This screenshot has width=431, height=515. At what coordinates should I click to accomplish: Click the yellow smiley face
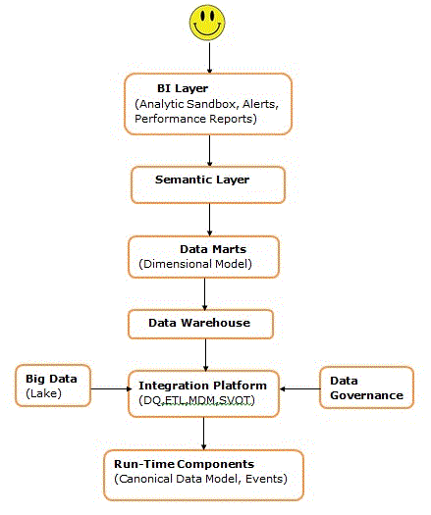(x=207, y=23)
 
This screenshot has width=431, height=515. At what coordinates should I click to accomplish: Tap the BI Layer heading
(x=183, y=88)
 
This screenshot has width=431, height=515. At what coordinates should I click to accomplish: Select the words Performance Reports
(x=195, y=119)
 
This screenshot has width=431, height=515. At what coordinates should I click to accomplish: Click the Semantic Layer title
(x=202, y=180)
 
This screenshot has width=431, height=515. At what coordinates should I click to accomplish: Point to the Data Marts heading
(x=213, y=249)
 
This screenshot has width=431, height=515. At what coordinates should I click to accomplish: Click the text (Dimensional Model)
(x=195, y=264)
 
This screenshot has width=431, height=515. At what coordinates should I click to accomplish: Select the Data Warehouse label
(x=199, y=323)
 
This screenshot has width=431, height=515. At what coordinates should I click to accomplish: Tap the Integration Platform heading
(x=202, y=386)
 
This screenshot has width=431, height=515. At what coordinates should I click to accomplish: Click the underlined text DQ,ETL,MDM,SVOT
(x=197, y=400)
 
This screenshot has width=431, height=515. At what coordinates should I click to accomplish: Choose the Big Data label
(x=51, y=379)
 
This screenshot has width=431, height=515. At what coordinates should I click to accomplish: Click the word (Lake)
(x=43, y=393)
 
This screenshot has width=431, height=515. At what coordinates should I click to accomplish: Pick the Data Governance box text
(x=366, y=388)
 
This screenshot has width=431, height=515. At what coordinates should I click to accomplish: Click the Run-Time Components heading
(x=185, y=464)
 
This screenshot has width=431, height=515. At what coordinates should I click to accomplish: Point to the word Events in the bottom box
(x=266, y=479)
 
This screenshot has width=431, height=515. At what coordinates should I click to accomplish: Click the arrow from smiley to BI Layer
(x=209, y=58)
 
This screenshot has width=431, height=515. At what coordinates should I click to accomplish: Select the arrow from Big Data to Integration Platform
(x=111, y=389)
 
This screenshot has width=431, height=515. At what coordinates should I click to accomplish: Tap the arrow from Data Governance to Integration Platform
(x=299, y=389)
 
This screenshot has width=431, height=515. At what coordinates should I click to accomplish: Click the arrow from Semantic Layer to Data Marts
(x=209, y=220)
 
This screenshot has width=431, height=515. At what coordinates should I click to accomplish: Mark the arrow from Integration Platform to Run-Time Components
(x=203, y=434)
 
